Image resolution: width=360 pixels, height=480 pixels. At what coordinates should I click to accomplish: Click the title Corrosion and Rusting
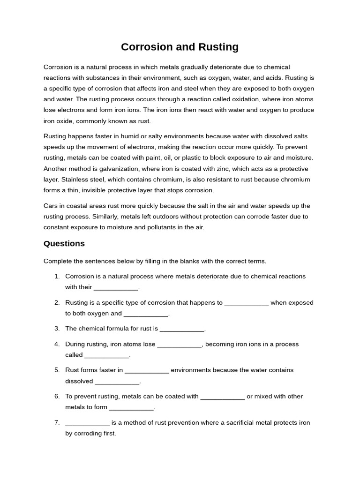coord(180,47)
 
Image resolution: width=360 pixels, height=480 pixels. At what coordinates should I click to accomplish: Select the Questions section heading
coord(64,243)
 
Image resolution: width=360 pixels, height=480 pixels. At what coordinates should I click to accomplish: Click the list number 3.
coord(57,329)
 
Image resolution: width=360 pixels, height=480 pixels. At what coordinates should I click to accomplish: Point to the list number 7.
coord(57,423)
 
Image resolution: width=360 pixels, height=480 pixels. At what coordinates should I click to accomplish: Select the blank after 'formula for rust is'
coord(182,329)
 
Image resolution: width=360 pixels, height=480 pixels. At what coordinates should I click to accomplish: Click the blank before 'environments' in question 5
coord(147,370)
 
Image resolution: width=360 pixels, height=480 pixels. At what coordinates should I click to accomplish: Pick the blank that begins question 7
coord(87,423)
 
